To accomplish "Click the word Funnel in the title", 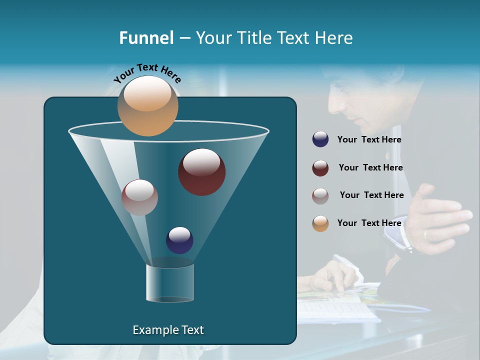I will tap(146, 38).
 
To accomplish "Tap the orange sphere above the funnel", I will tap(147, 105).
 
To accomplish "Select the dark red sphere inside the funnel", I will tap(201, 172).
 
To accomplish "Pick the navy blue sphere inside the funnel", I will tap(179, 240).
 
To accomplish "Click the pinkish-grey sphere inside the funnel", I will tap(139, 197).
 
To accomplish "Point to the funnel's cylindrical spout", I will tap(170, 282).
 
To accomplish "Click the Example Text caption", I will tap(168, 330).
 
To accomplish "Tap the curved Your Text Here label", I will tap(147, 72).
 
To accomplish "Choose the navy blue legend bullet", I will tap(320, 139).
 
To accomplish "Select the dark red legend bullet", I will tap(320, 168).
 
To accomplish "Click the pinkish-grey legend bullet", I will tap(320, 195).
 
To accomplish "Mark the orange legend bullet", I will tap(320, 223).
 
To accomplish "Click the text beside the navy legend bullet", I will tap(369, 140).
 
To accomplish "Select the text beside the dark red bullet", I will tap(370, 168).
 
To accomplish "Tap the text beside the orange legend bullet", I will tap(369, 223).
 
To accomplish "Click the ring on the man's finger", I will tap(426, 234).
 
